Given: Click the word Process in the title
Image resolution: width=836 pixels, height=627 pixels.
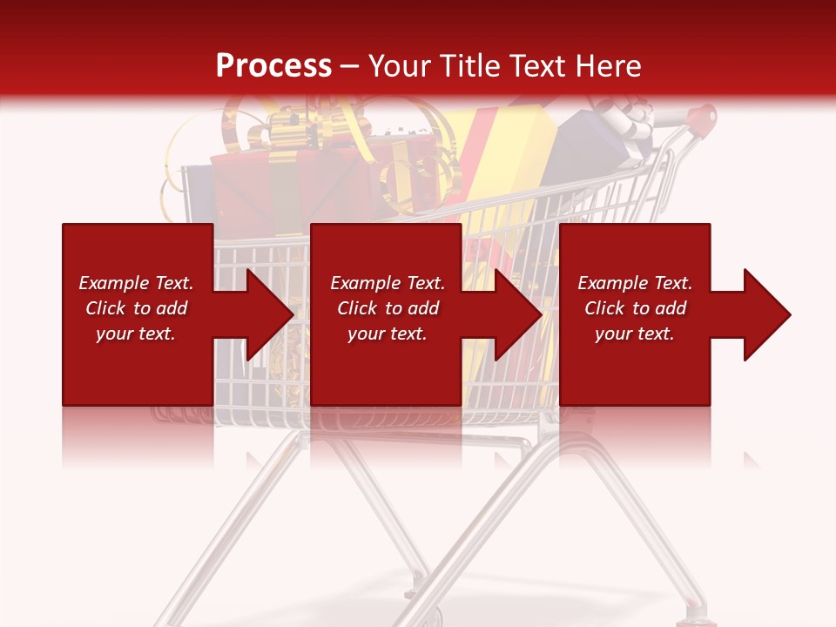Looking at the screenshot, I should [x=273, y=66].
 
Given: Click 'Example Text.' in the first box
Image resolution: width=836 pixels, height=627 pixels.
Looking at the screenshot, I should [x=136, y=283].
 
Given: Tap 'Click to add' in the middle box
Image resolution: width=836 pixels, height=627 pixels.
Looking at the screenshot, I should [x=388, y=308].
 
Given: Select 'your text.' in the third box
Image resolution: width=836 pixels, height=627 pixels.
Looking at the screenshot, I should [x=634, y=334].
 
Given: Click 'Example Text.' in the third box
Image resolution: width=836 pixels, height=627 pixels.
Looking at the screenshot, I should [x=634, y=283].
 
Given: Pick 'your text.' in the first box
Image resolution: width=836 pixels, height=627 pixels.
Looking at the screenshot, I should [x=136, y=334].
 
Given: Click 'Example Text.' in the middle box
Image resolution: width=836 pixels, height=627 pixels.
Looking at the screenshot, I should [x=388, y=283].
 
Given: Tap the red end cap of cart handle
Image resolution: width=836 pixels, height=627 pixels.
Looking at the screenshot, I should [x=705, y=114].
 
